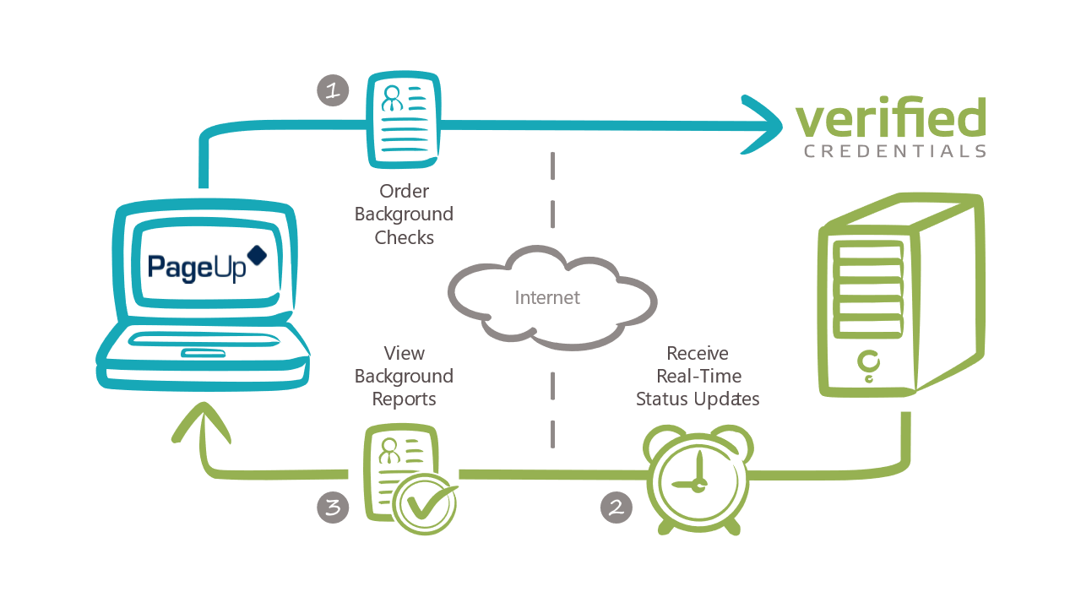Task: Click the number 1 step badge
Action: click(333, 90)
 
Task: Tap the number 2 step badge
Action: click(616, 507)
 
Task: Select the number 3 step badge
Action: click(333, 508)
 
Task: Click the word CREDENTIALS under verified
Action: click(895, 152)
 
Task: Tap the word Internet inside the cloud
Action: click(547, 297)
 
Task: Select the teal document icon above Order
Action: click(404, 120)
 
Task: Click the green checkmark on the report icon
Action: click(426, 503)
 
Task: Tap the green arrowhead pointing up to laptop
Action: click(201, 422)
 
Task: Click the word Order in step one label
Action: click(404, 192)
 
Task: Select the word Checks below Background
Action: click(404, 237)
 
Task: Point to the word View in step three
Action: click(404, 353)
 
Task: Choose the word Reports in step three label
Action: click(404, 399)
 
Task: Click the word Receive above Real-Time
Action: click(698, 353)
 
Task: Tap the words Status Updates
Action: click(698, 399)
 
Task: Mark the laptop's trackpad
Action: click(203, 352)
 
